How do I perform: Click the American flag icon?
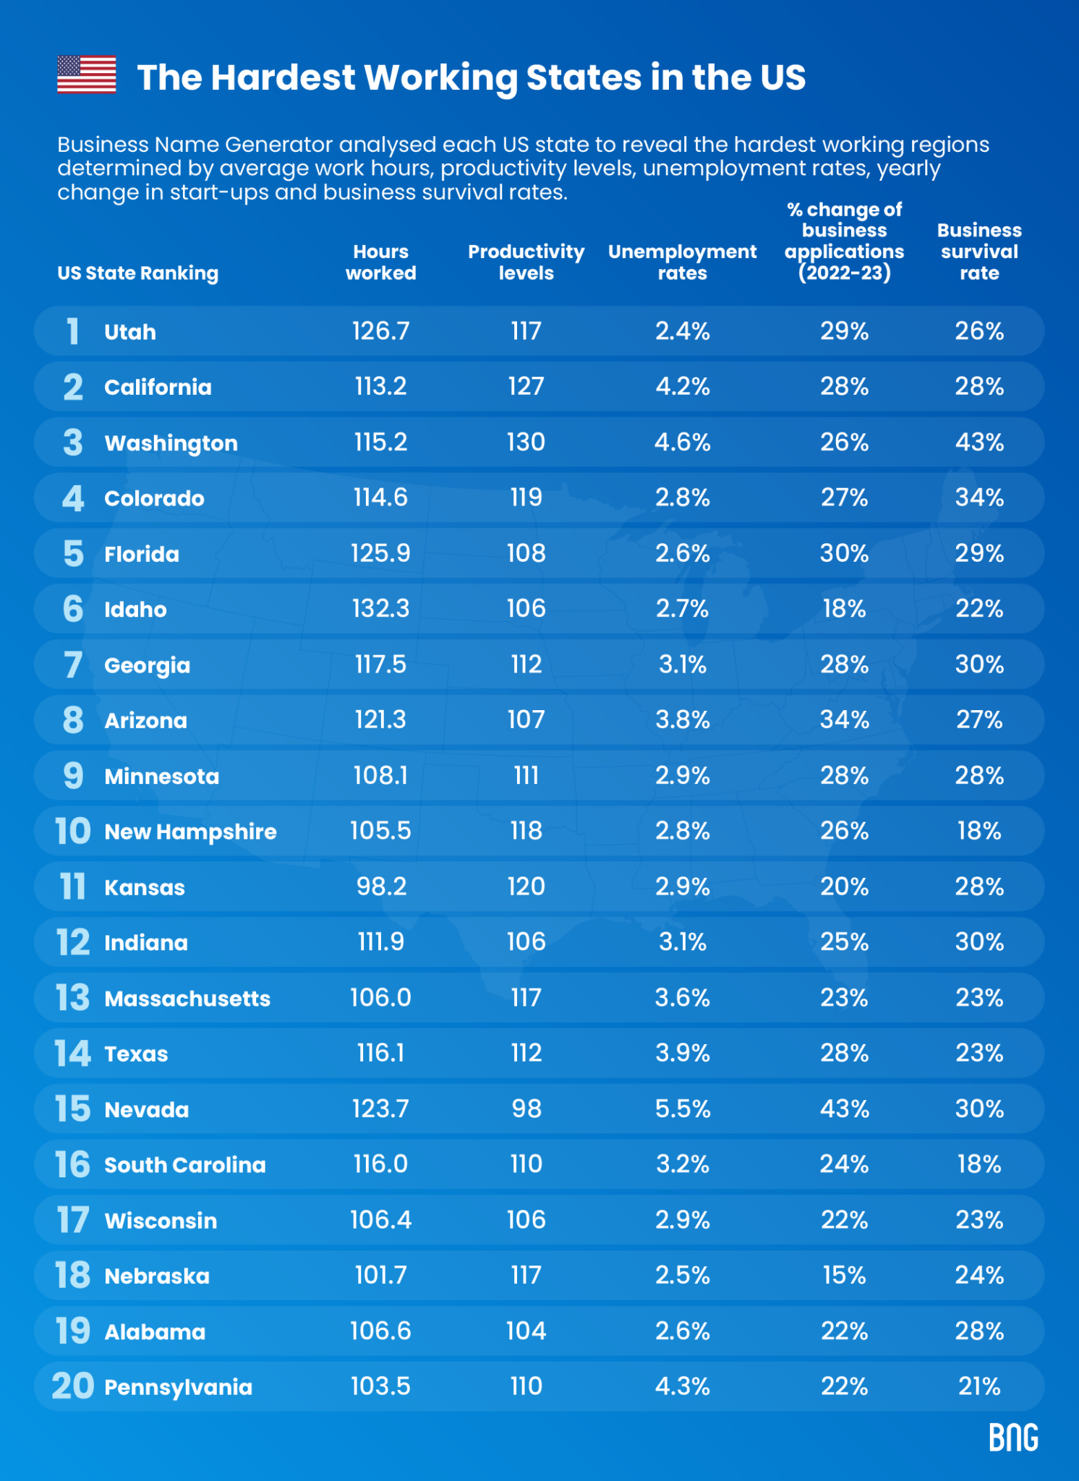point(86,74)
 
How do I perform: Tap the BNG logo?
point(1013,1437)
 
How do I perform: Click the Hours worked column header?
point(380,262)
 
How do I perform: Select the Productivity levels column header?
point(526,262)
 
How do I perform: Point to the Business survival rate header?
point(978,251)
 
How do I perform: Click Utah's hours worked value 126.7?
point(380,331)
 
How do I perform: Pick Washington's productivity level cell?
point(526,442)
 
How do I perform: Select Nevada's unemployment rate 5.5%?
point(682,1109)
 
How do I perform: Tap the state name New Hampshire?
point(190,832)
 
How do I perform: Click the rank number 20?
point(72,1386)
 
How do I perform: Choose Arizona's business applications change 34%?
point(844,720)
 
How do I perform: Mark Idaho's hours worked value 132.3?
point(380,609)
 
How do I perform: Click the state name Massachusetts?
point(187,999)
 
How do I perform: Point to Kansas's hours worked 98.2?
point(380,887)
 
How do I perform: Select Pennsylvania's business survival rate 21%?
point(978,1386)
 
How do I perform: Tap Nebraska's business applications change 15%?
point(844,1275)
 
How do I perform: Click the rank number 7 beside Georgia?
point(72,665)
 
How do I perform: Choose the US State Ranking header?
point(137,273)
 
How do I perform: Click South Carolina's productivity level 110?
point(526,1164)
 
